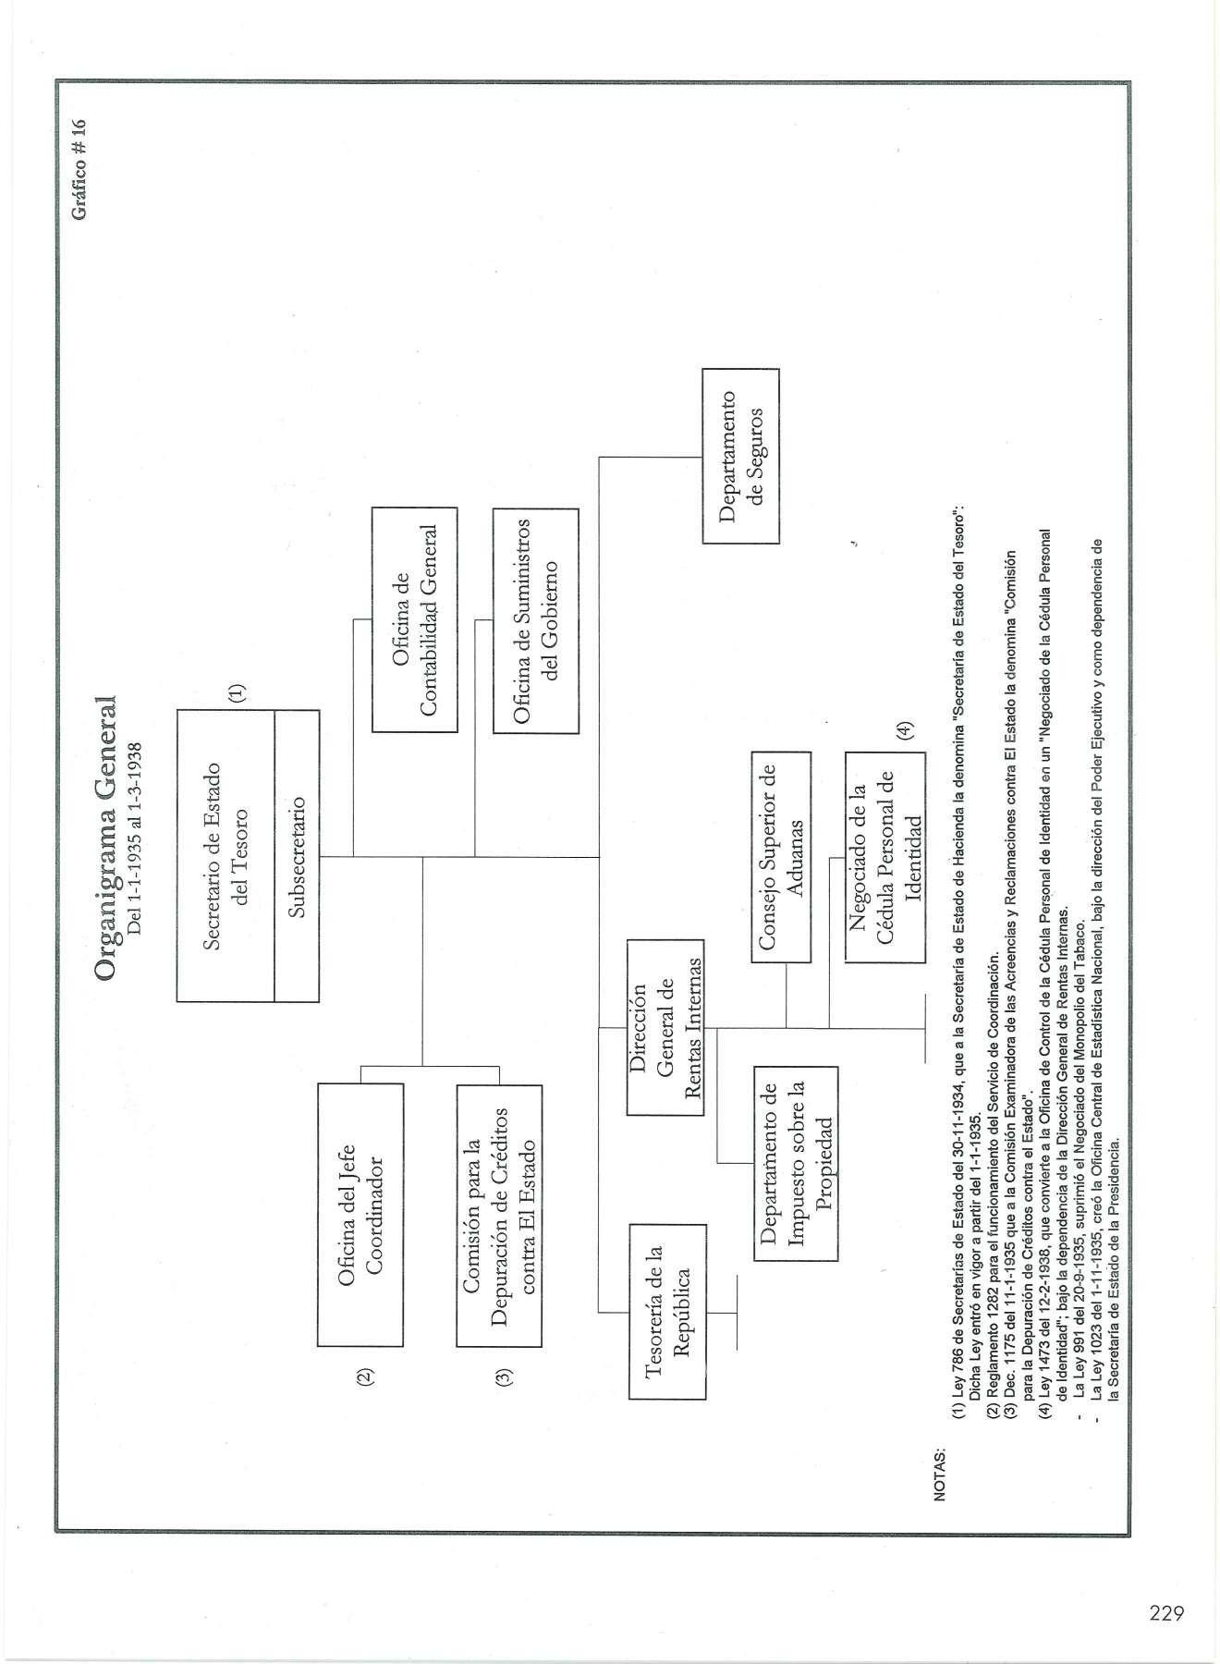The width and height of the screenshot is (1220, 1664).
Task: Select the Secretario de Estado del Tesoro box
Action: tap(226, 855)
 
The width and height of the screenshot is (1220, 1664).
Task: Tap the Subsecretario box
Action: tap(297, 855)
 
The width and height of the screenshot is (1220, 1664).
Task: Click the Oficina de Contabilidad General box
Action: tap(414, 619)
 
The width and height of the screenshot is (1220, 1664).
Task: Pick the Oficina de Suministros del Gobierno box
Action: tap(535, 619)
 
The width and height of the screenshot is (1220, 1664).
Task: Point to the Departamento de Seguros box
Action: tap(740, 456)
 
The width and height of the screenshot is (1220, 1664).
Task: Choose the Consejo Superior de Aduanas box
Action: tap(781, 857)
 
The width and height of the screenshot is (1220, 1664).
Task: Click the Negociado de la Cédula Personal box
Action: tap(884, 857)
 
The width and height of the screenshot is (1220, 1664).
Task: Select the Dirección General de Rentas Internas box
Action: tap(665, 1027)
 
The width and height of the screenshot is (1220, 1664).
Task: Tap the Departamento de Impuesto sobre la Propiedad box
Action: tap(796, 1163)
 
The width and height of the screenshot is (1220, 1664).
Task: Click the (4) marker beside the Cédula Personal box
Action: tap(906, 729)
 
